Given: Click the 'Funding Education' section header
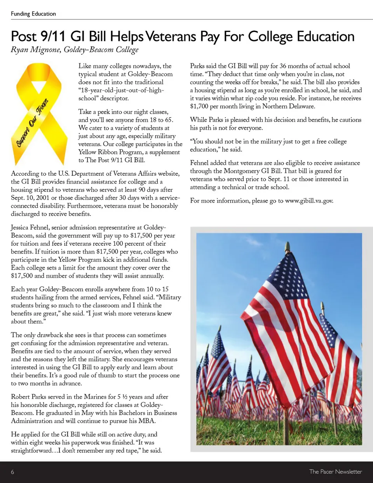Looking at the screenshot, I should [x=33, y=14].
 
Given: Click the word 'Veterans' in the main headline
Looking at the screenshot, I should [x=171, y=37].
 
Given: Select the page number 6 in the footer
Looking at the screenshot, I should [x=12, y=472].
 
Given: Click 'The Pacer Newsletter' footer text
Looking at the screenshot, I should [x=335, y=472].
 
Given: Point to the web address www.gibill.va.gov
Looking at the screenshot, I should [x=309, y=201].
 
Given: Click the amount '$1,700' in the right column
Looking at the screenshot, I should [x=199, y=106].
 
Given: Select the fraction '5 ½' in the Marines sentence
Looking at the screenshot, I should [x=122, y=397].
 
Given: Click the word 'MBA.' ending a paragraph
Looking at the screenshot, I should [x=147, y=421].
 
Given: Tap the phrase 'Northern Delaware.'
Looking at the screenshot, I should [x=288, y=106].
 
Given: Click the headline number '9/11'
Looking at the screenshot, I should [x=53, y=37].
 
